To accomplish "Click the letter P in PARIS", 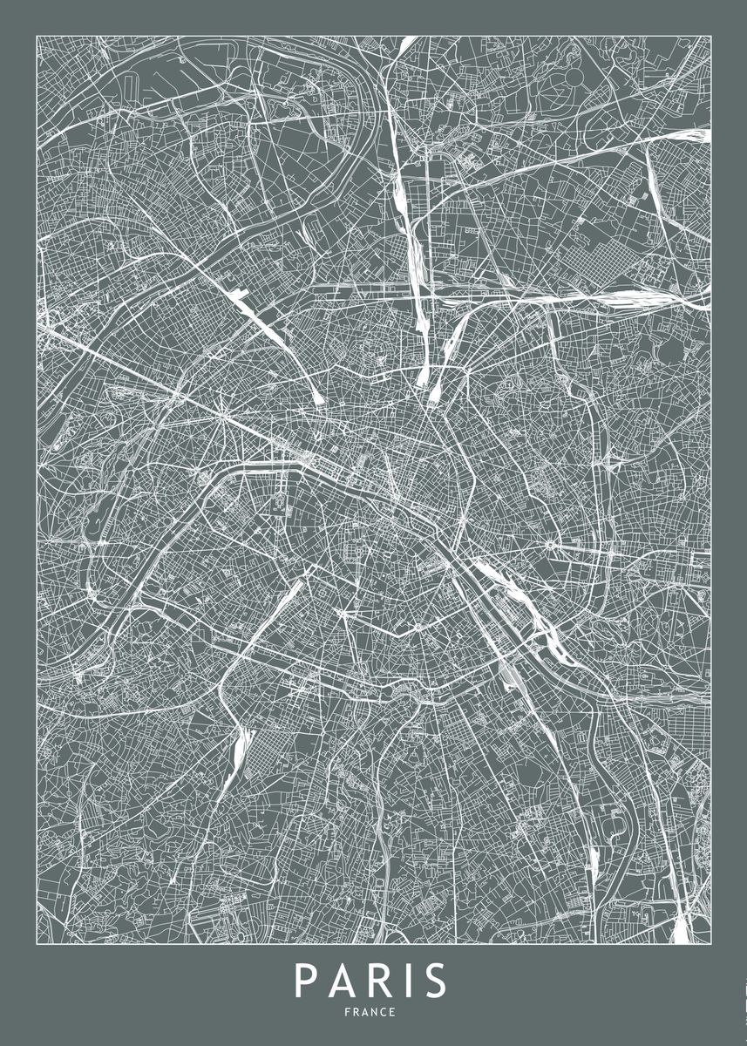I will (306, 981).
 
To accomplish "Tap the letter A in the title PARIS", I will (343, 981).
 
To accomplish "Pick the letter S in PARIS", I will (435, 981).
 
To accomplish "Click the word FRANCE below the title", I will (374, 1012).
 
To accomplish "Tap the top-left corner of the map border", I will (37, 35).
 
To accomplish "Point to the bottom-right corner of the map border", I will (710, 944).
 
